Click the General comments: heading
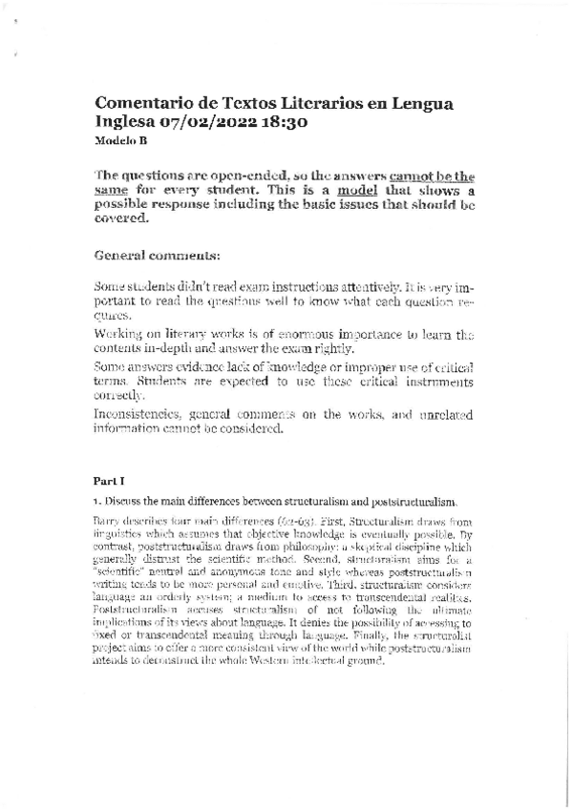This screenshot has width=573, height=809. tap(158, 256)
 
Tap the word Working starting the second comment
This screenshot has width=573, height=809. tap(121, 335)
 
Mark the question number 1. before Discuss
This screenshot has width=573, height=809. tap(97, 502)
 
